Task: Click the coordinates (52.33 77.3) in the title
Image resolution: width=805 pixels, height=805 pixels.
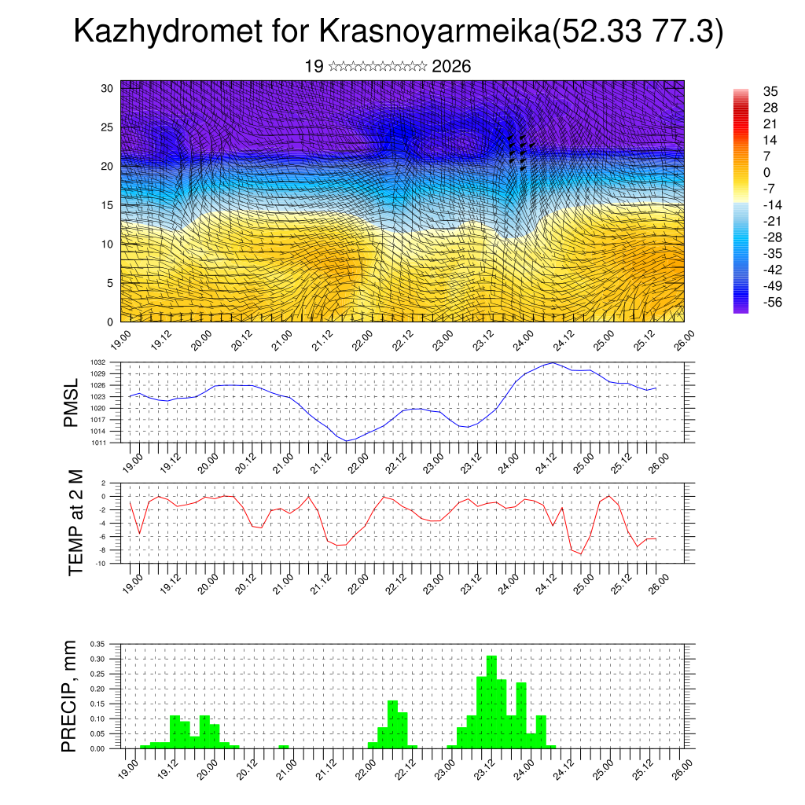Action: [638, 32]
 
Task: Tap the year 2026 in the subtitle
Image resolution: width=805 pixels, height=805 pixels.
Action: [451, 67]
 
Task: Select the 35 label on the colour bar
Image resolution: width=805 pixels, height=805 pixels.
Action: [770, 92]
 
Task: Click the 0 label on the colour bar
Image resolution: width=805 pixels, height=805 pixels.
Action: [766, 172]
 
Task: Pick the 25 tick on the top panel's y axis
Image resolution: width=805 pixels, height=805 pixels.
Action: [108, 127]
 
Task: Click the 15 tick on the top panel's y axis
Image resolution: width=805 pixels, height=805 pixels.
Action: [108, 205]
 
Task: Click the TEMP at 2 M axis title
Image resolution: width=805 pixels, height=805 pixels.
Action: [75, 523]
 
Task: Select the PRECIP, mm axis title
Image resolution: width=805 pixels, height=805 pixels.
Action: [71, 695]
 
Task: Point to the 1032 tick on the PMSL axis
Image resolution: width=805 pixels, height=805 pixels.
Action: [108, 362]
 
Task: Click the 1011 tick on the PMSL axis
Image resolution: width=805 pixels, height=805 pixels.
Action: [108, 443]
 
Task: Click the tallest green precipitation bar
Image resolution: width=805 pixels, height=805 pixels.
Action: [491, 700]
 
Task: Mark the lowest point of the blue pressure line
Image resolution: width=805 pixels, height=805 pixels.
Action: [347, 441]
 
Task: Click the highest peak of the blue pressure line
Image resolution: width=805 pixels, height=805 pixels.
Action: [553, 362]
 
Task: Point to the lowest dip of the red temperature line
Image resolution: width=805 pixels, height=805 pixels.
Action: [581, 554]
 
